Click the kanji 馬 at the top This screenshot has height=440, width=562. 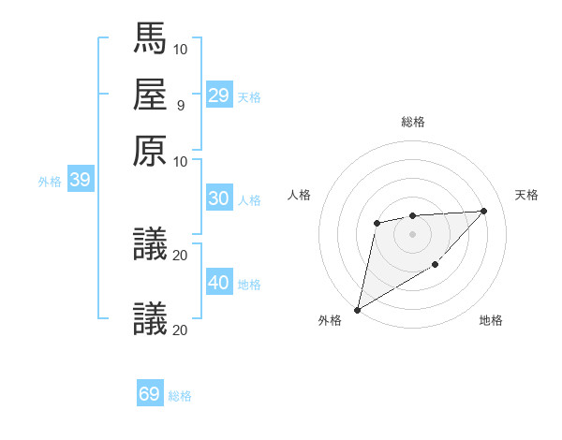tap(150, 38)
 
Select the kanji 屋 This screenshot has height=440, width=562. tap(150, 95)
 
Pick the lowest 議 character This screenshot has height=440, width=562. tap(150, 318)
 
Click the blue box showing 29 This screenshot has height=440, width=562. tap(219, 95)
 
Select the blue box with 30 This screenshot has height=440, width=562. tap(219, 198)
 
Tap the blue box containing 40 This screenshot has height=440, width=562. tap(219, 283)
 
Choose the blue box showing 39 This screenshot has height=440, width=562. tap(80, 180)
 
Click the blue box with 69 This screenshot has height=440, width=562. tap(150, 394)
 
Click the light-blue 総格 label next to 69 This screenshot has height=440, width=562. tap(180, 396)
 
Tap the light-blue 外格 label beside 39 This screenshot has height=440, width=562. tap(49, 182)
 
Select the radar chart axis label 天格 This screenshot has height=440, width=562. tap(526, 195)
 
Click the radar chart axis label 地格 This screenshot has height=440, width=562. tap(491, 321)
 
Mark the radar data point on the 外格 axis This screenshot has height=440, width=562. tap(357, 309)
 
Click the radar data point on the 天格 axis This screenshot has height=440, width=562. tap(483, 211)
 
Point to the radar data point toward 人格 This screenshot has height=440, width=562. tap(377, 223)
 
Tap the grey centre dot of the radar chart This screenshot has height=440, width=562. tap(412, 233)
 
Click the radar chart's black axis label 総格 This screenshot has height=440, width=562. tap(412, 122)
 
